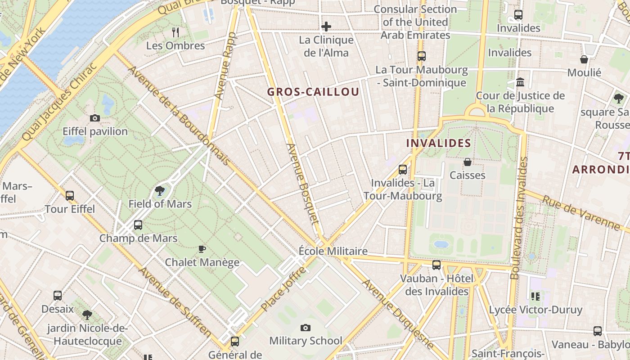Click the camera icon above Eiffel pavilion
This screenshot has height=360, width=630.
coord(95,118)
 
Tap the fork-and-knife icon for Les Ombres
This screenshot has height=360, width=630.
coord(175,32)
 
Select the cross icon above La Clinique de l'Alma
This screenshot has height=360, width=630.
coord(326,27)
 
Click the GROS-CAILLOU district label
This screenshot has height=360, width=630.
coord(313,92)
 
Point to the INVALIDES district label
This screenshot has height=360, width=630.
coord(438,144)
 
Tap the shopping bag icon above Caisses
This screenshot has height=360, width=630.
coord(468,162)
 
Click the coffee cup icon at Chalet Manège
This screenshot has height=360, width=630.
coord(202,249)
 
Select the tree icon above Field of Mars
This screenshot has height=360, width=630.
coord(160,191)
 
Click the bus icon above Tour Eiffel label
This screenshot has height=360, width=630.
coord(70,196)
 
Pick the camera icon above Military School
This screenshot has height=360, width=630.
coord(306,328)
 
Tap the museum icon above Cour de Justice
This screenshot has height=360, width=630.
coord(521,82)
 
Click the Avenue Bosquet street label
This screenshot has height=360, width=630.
coord(303,184)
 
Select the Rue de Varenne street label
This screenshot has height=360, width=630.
coord(580,213)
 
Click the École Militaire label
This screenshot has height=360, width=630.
coord(333,251)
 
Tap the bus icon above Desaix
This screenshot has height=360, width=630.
coord(58,296)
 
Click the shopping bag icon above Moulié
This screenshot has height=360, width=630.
coord(584,59)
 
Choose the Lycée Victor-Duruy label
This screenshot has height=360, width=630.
coord(535,310)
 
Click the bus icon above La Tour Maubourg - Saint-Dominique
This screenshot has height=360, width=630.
coord(422,56)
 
